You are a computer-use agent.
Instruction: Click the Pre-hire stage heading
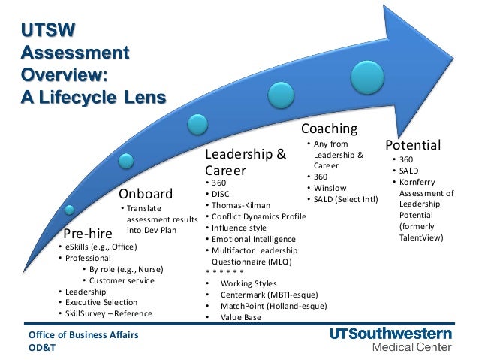(x=89, y=234)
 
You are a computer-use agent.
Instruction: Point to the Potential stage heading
(x=413, y=144)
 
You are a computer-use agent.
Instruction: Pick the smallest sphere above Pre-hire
(x=70, y=208)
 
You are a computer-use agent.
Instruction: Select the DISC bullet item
(x=221, y=193)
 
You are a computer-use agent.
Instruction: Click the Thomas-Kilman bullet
(x=241, y=204)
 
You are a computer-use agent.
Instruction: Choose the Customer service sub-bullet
(x=122, y=280)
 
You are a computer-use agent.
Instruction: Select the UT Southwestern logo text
(x=390, y=334)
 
